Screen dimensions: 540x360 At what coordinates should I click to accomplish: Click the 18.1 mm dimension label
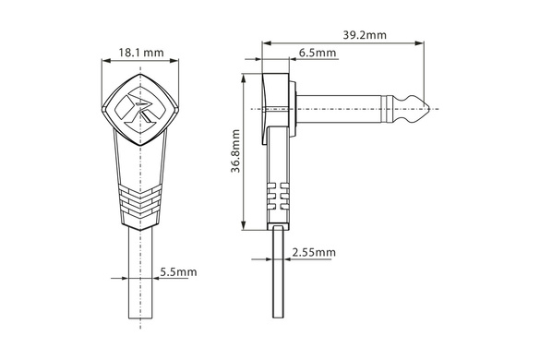[141, 53]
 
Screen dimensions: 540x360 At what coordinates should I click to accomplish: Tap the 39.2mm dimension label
[365, 35]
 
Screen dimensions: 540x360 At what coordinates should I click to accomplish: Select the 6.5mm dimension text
[318, 53]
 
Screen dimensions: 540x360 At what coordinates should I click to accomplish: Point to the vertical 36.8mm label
[235, 150]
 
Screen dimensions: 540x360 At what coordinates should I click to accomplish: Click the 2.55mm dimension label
[314, 253]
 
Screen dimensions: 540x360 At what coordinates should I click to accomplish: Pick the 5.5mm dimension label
[178, 272]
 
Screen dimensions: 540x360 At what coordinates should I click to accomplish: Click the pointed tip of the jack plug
[429, 109]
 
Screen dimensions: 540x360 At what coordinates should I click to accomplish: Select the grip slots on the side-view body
[278, 196]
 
